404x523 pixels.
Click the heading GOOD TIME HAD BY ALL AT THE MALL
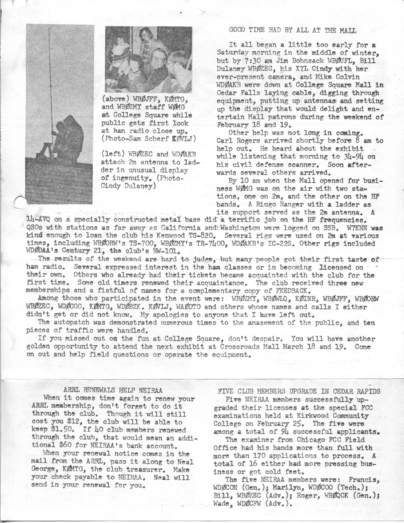click(x=292, y=30)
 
